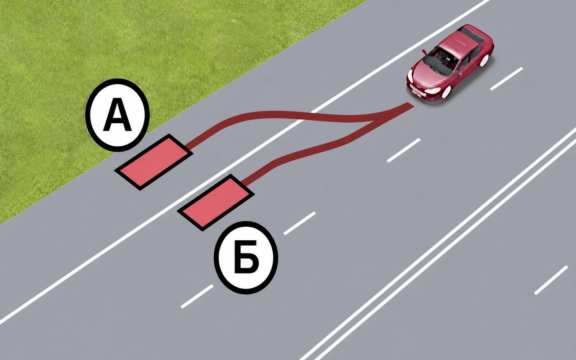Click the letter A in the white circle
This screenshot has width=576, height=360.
(x=117, y=116)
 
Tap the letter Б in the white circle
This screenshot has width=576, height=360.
(x=246, y=256)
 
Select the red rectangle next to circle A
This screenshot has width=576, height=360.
(x=154, y=162)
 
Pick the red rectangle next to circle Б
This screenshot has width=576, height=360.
(x=216, y=202)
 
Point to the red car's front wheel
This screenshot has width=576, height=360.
(x=446, y=92)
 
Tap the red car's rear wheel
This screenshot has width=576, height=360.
(x=485, y=60)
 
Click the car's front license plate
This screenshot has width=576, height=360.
(x=416, y=92)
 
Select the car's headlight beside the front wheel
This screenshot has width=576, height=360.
(x=432, y=90)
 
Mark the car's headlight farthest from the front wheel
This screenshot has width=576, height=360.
(x=410, y=76)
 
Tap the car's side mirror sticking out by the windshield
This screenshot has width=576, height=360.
(x=424, y=52)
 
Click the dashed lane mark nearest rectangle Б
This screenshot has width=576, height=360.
(x=300, y=223)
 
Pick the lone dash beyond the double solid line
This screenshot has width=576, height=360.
(x=551, y=280)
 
